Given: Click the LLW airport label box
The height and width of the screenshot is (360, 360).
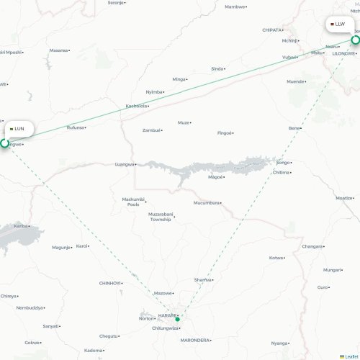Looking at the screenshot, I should point(338,24).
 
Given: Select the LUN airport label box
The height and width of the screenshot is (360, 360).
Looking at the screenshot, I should point(17,128).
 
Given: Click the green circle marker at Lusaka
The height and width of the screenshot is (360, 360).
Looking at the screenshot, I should point(4,143).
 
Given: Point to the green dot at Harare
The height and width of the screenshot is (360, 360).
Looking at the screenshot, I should point(177,319).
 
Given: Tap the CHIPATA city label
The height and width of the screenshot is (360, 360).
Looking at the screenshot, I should point(271,30).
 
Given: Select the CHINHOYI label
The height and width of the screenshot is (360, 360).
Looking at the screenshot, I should point(109,283).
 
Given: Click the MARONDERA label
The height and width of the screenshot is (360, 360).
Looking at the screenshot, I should point(194,340).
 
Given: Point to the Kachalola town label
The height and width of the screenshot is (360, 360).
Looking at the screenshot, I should point(136,106).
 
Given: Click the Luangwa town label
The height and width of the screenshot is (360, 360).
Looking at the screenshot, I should point(124,164).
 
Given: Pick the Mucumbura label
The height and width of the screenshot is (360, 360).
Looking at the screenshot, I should point(206,203).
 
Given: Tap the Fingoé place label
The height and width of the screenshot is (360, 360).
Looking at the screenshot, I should point(225,133).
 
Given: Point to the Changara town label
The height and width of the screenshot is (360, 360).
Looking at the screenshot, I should point(312,246).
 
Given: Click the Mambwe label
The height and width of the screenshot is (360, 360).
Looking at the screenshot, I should point(234,6).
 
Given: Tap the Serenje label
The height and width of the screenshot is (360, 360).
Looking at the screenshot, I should point(115,3).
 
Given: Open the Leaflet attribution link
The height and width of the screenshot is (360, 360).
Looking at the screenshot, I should point(351,356).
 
